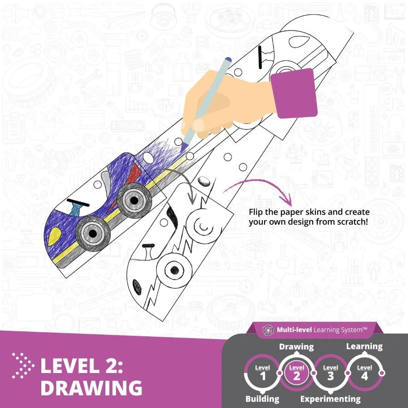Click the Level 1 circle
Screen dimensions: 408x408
click(263, 373)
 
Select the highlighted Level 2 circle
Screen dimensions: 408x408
click(297, 373)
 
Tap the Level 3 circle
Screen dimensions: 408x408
click(330, 373)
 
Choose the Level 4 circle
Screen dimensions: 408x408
click(364, 373)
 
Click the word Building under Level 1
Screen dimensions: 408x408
click(262, 398)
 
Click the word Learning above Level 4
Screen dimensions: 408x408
click(364, 347)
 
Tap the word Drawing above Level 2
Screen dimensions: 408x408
click(296, 347)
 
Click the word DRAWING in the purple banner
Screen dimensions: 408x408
click(91, 388)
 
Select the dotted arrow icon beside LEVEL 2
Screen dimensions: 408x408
click(23, 366)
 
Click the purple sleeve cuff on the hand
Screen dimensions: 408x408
click(294, 93)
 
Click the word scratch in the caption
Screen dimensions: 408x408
click(352, 222)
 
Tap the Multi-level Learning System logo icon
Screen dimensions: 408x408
click(268, 330)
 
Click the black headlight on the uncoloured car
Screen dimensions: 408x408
click(137, 287)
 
